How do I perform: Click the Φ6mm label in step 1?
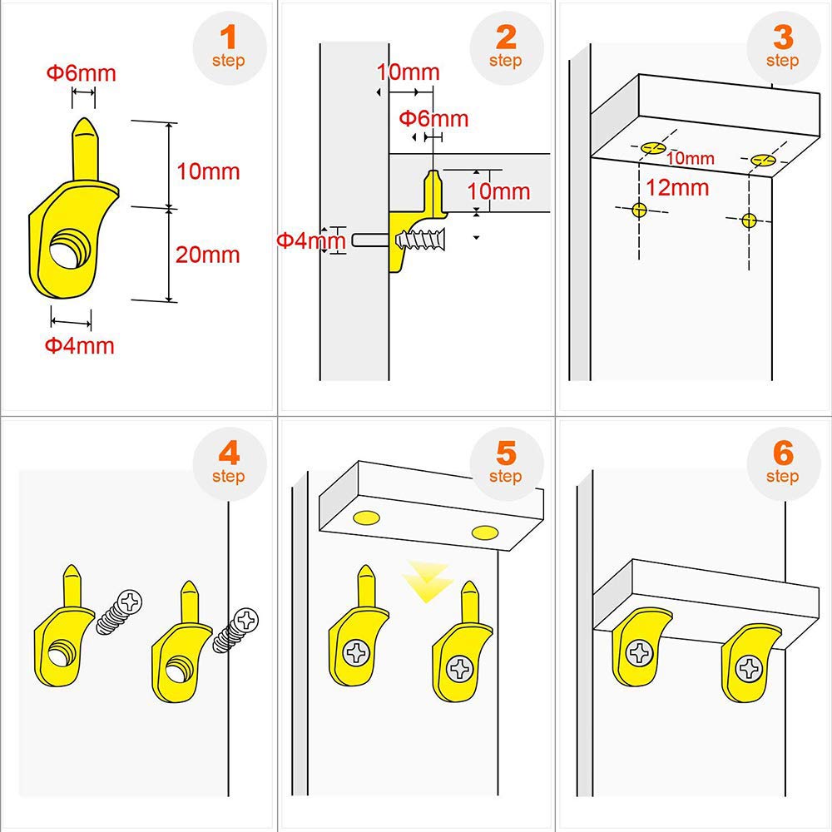click(x=81, y=73)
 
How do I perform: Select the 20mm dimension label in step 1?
click(x=207, y=255)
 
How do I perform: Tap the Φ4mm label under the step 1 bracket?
click(x=79, y=345)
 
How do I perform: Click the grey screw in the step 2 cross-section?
click(x=422, y=239)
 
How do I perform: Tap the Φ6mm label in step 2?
click(x=433, y=119)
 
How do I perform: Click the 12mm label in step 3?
click(x=677, y=187)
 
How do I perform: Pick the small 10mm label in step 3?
click(x=690, y=158)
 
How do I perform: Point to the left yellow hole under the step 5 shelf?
click(x=367, y=519)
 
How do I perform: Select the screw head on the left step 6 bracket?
click(x=639, y=653)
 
